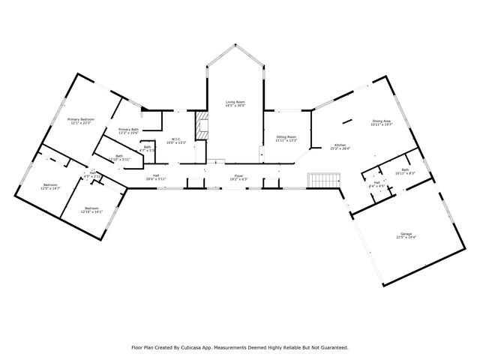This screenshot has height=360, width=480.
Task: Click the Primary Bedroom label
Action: click(x=81, y=120)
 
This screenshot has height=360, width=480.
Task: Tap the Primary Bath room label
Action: click(x=128, y=130)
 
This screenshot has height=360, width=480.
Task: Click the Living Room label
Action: click(x=235, y=102)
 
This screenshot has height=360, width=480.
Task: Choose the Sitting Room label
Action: click(x=286, y=137)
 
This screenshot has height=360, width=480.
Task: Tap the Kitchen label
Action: click(x=340, y=145)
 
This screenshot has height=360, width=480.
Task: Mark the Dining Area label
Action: click(x=381, y=121)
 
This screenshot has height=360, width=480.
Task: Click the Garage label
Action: click(x=406, y=234)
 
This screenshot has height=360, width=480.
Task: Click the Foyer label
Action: click(x=235, y=176)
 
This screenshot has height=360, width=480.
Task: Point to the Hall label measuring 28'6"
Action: click(x=156, y=176)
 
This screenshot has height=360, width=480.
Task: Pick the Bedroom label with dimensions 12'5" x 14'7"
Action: click(x=50, y=184)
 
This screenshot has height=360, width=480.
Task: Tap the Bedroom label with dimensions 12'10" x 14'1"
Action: click(x=91, y=208)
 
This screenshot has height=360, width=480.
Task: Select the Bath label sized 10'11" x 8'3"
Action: click(x=405, y=169)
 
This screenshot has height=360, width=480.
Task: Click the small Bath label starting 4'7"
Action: click(x=148, y=147)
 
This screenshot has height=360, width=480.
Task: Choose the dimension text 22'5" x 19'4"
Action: click(x=406, y=238)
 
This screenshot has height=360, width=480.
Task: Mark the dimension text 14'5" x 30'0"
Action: click(x=235, y=106)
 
